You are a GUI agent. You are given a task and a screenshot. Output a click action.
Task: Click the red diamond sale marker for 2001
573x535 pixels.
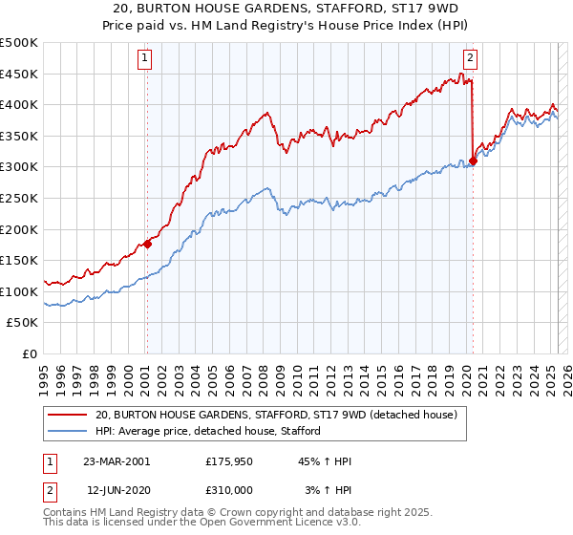pyautogui.click(x=148, y=244)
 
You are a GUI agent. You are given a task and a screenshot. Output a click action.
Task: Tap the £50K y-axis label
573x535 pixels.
pyautogui.click(x=23, y=323)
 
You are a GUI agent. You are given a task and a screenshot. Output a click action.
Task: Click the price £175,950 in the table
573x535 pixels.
pyautogui.click(x=229, y=461)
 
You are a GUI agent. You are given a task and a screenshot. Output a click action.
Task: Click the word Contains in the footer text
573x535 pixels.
pyautogui.click(x=67, y=512)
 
